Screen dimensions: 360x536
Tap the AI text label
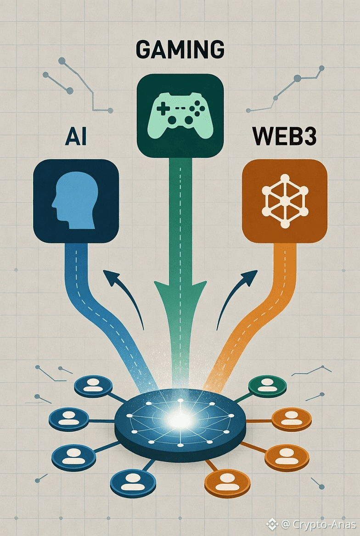[76, 137]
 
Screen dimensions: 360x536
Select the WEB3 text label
[285, 137]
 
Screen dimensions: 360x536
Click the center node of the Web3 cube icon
[285, 201]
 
